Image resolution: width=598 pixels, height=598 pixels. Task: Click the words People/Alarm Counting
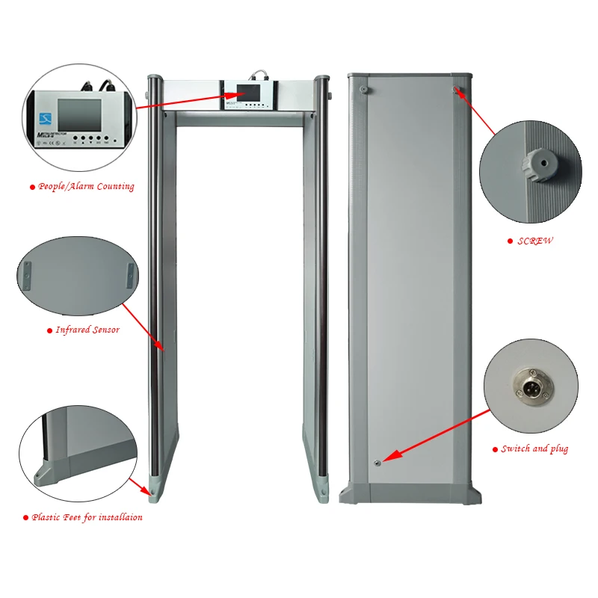(x=86, y=186)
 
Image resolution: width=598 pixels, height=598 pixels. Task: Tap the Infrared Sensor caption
(x=87, y=330)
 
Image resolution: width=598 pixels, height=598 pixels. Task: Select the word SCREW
(x=535, y=241)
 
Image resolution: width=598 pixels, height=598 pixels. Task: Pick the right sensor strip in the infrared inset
(x=129, y=274)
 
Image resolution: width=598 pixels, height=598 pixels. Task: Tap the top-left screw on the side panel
(x=363, y=89)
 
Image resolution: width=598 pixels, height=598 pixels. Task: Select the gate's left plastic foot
(x=153, y=492)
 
